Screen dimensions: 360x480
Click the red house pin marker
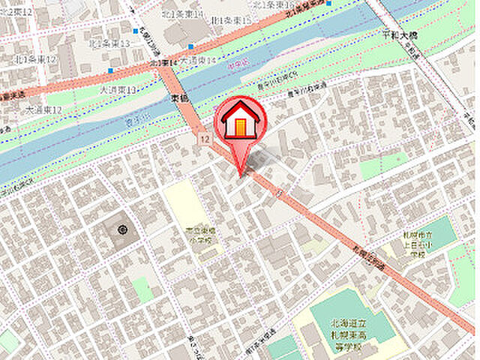tap(240, 124)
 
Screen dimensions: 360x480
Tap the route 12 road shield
tap(204, 139)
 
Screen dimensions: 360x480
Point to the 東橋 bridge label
tap(178, 98)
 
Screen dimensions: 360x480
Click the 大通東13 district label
tap(118, 90)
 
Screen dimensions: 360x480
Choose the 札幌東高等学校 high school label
tap(350, 329)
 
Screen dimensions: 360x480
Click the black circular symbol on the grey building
tap(121, 229)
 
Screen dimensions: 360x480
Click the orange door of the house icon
tap(240, 128)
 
